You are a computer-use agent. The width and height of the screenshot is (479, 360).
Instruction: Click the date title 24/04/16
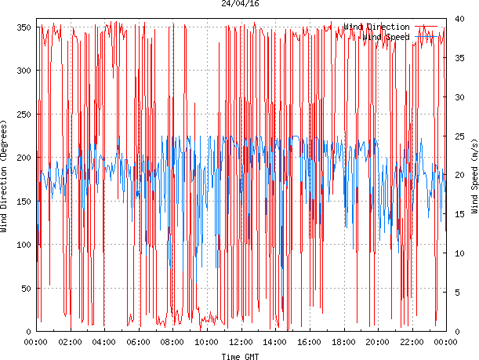click(x=241, y=4)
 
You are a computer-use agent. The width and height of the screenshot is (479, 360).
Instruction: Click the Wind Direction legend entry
click(x=376, y=27)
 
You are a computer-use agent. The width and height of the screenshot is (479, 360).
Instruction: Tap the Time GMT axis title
click(x=241, y=355)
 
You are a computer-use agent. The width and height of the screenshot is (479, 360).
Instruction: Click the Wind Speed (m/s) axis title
click(x=474, y=177)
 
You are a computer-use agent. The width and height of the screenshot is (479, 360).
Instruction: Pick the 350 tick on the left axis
click(x=23, y=27)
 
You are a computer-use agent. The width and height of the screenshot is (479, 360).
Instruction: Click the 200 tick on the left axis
click(x=23, y=158)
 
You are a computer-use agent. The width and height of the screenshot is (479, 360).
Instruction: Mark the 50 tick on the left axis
click(x=25, y=288)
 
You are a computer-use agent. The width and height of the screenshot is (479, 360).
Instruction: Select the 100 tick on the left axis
click(x=23, y=245)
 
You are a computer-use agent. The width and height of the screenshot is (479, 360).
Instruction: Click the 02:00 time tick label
click(x=71, y=343)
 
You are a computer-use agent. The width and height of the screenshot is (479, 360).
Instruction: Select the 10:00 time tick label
click(x=207, y=343)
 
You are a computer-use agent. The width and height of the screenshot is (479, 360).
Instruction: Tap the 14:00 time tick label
click(x=275, y=343)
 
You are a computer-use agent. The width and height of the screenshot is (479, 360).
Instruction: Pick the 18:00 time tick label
click(x=343, y=343)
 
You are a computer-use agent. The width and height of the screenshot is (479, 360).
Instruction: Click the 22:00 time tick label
click(x=412, y=343)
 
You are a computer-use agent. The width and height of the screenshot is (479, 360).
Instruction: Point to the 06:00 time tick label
click(x=139, y=343)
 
